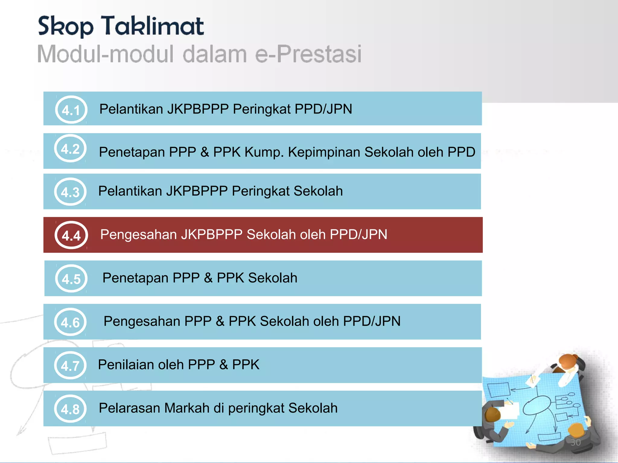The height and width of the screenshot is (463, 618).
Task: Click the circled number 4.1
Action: point(71,110)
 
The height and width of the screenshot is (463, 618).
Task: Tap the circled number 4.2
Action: point(70,149)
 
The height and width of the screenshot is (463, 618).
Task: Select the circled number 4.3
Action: point(70,192)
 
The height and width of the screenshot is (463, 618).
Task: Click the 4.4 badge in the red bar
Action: point(71,235)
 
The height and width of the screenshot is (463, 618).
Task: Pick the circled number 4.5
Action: point(71,279)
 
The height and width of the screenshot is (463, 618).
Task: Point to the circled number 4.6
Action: point(70,322)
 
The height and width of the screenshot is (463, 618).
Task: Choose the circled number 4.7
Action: point(70,365)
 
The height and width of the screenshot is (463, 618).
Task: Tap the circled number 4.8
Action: point(70,409)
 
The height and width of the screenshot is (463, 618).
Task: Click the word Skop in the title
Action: point(65,27)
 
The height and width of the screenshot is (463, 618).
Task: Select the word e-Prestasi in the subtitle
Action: point(308,54)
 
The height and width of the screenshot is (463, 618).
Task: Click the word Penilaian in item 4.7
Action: point(126,365)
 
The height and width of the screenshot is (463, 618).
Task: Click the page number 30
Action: point(575,442)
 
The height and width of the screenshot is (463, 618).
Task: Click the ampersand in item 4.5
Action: point(208,278)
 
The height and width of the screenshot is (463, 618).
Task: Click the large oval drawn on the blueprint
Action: point(537,405)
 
